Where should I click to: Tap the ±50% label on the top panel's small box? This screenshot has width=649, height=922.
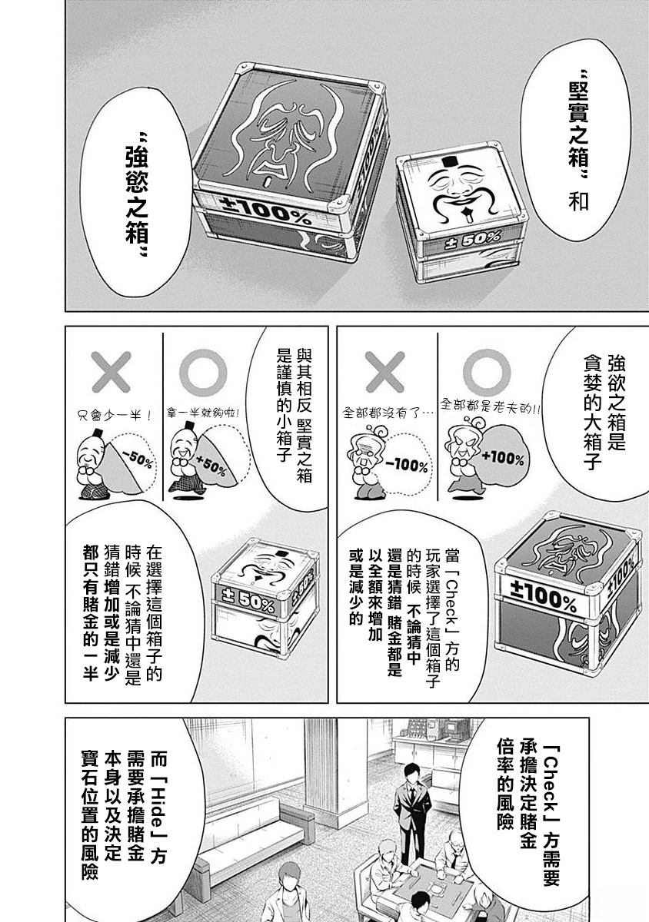point(474,240)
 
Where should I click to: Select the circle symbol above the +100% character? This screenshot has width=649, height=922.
point(487,373)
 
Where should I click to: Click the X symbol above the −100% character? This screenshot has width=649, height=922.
point(385,373)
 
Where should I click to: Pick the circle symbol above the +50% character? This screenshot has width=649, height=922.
point(203,373)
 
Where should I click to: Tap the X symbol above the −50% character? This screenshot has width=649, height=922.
point(111,372)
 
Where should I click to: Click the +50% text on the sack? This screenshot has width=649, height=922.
point(211,466)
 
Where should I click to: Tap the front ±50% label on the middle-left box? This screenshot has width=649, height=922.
point(249,600)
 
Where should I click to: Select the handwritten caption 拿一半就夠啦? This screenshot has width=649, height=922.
point(204,413)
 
